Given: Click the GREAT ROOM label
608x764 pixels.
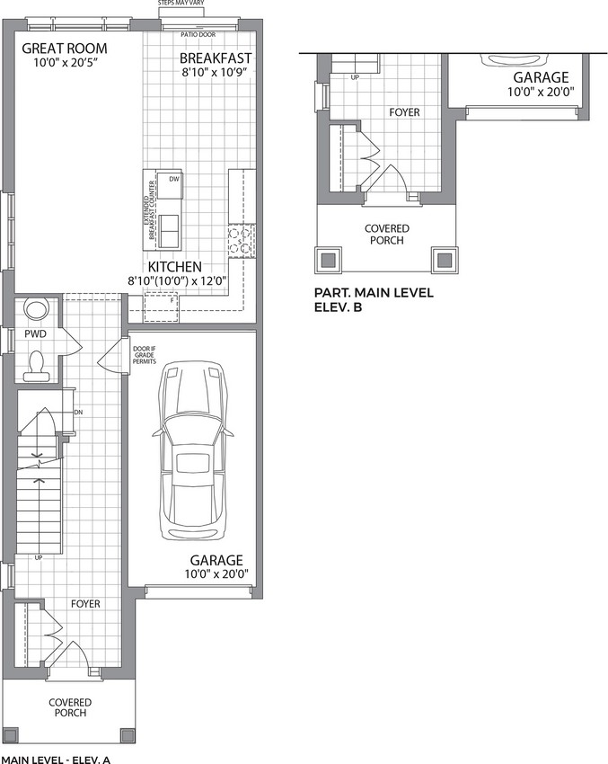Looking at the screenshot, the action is [x=65, y=49].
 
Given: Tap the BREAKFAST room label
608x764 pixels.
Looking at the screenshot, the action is [x=216, y=58].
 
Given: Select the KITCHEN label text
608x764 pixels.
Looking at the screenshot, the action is [x=175, y=267].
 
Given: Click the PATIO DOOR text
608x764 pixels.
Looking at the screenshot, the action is [x=198, y=34].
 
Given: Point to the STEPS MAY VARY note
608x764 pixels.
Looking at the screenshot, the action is [x=181, y=3].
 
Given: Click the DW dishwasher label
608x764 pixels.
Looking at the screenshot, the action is [x=174, y=179].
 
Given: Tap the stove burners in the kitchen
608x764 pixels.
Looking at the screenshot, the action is [x=242, y=241].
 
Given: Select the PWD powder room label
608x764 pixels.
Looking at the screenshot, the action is [x=36, y=334].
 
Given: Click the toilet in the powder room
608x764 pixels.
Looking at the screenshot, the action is [x=37, y=366].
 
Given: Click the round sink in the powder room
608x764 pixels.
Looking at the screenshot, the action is [x=37, y=309].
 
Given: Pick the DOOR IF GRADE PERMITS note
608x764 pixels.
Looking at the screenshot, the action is [x=145, y=355].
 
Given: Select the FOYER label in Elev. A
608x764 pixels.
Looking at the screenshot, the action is [x=85, y=604].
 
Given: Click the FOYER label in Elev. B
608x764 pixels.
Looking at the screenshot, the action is [x=404, y=112].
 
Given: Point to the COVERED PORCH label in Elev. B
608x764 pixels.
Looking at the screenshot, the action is [x=387, y=235].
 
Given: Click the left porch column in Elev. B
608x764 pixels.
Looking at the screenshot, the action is [x=329, y=260].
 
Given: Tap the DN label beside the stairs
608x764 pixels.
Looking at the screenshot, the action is [x=78, y=413].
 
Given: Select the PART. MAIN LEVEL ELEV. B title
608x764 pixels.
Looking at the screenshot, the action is [x=374, y=300].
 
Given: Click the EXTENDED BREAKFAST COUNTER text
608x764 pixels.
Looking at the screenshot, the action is [x=149, y=210].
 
